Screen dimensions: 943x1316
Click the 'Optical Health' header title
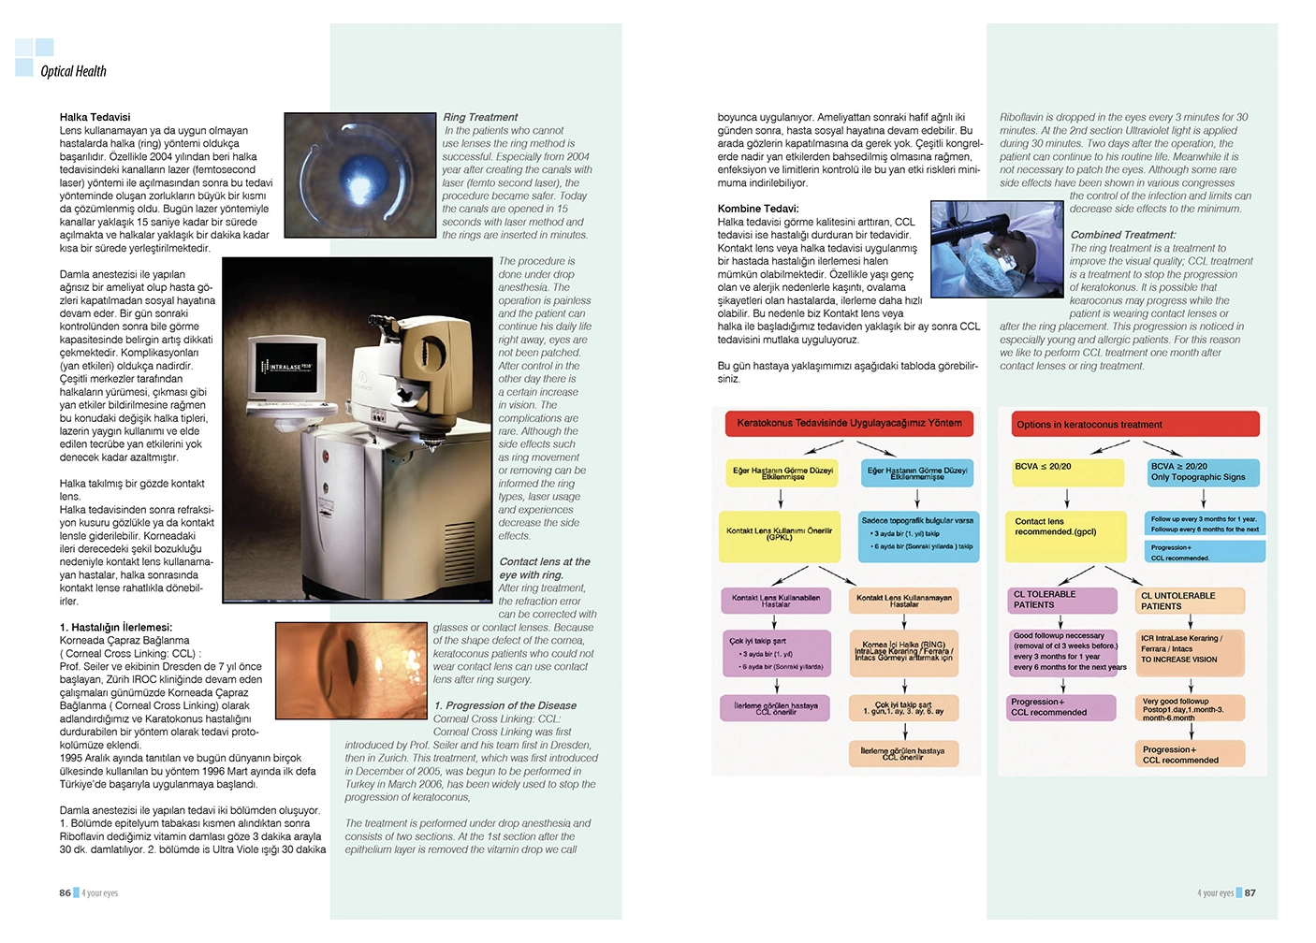coord(73,71)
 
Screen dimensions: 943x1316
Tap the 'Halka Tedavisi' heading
coord(95,117)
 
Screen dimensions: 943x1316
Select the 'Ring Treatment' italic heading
coord(480,117)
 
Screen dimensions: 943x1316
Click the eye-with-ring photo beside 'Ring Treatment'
coord(361,176)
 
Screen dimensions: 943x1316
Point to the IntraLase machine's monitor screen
coord(285,367)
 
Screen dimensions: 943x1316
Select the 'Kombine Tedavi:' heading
coord(758,209)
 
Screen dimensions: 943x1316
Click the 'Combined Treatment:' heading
coord(1123,235)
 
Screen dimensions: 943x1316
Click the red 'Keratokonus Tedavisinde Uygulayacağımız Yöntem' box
coord(849,424)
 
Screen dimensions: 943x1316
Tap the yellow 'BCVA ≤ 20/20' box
coord(1065,471)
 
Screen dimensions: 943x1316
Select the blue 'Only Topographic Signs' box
coord(1204,471)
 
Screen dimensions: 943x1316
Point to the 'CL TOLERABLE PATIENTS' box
coord(1062,600)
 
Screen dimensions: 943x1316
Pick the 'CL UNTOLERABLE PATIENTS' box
coord(1189,601)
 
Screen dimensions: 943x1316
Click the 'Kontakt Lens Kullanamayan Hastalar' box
coord(903,601)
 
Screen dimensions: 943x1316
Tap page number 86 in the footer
coord(65,892)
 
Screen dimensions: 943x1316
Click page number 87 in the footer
coord(1250,892)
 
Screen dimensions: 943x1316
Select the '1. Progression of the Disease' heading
coord(505,705)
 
